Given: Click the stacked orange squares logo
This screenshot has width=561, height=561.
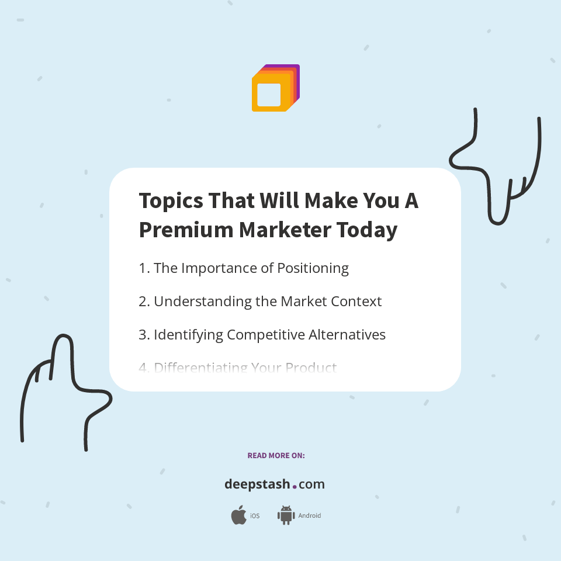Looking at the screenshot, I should pyautogui.click(x=275, y=88).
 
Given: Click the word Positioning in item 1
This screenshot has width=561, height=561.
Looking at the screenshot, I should pyautogui.click(x=313, y=268).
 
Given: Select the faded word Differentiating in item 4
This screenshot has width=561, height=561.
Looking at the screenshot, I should pyautogui.click(x=199, y=368).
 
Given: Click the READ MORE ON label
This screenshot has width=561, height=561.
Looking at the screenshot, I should pyautogui.click(x=276, y=455).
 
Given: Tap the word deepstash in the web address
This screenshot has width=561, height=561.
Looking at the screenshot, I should pyautogui.click(x=257, y=484).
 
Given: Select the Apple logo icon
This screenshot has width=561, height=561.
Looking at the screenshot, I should pyautogui.click(x=238, y=515).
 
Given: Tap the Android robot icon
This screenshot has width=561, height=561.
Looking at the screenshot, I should pyautogui.click(x=286, y=515).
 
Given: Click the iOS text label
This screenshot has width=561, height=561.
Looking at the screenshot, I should pyautogui.click(x=255, y=516).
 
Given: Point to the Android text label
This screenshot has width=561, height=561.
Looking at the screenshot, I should pyautogui.click(x=309, y=516).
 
